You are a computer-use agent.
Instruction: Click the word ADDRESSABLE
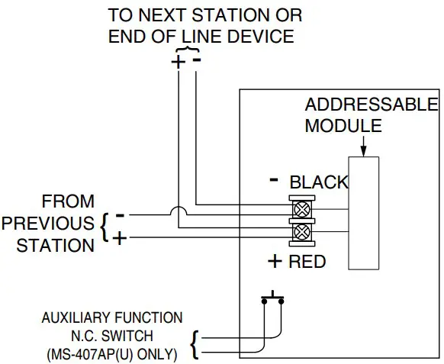click(372, 105)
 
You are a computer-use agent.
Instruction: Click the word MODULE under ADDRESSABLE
click(343, 125)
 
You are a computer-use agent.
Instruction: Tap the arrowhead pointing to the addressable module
click(363, 150)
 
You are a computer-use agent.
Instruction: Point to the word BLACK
click(319, 182)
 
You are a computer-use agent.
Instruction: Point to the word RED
click(307, 262)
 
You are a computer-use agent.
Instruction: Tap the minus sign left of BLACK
click(274, 181)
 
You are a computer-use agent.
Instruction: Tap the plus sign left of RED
click(275, 262)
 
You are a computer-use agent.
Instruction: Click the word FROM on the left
click(69, 202)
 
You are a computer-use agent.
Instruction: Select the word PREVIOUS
click(47, 224)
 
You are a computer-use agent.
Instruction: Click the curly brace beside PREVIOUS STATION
click(106, 226)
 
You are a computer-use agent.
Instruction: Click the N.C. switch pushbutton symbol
click(273, 297)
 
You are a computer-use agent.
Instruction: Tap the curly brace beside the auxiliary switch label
click(195, 343)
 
